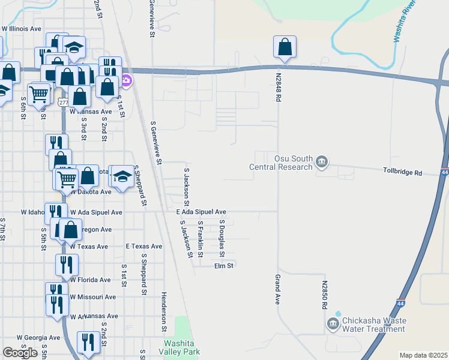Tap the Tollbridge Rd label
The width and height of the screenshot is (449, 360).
(x=403, y=172)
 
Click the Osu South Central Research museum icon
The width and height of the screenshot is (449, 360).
(x=322, y=162)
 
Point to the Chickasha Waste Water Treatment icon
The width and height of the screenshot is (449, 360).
(x=333, y=325)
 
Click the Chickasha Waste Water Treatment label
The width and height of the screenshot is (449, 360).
(x=373, y=325)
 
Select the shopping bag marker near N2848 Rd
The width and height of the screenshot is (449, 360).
(x=285, y=47)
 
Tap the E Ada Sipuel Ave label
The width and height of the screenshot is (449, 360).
(x=201, y=212)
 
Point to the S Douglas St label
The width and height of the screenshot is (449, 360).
(x=222, y=235)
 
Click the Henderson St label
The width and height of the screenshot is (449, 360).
(x=164, y=312)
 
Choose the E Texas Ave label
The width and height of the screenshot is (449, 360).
(x=144, y=246)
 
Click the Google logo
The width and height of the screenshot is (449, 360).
(x=20, y=352)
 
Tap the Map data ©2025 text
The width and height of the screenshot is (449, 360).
(x=423, y=355)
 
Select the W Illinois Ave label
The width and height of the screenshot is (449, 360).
(x=22, y=28)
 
